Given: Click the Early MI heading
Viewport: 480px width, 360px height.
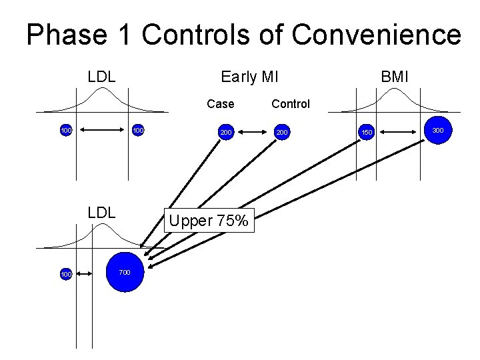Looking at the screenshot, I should click(x=249, y=77).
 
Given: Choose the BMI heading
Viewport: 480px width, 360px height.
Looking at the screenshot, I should click(x=394, y=77).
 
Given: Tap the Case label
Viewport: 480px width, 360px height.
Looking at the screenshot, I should click(x=221, y=104).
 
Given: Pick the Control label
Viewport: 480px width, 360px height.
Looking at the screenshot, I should click(x=291, y=104).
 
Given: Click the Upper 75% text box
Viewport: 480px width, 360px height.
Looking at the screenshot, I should click(x=208, y=221).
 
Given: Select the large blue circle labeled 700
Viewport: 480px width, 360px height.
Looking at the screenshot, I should click(x=125, y=272).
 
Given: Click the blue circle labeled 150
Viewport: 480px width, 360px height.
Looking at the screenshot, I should click(x=366, y=133).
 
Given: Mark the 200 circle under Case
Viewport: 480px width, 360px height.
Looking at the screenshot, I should click(x=226, y=133).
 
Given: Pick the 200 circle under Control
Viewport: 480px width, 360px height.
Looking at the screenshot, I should click(x=282, y=133).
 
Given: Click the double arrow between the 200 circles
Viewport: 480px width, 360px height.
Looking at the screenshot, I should click(x=254, y=133).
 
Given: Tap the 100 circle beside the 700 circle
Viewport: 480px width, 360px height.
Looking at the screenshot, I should click(x=65, y=274).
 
